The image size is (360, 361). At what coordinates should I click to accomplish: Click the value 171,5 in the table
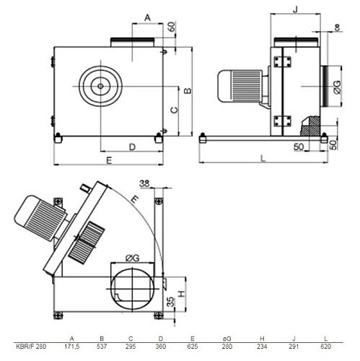tap(71, 347)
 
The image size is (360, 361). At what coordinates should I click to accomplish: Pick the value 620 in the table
tap(328, 347)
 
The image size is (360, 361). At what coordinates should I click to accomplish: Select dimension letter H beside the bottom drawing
tap(183, 293)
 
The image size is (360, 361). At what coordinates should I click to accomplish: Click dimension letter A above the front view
tap(147, 17)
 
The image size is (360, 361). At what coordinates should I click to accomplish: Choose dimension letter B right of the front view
tap(186, 91)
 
